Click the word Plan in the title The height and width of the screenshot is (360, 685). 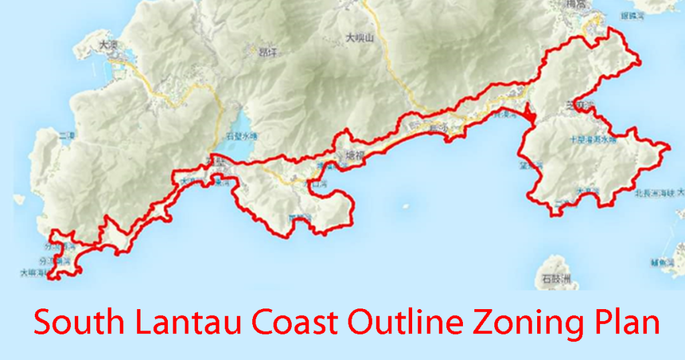(x=623, y=322)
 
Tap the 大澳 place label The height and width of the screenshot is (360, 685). (x=108, y=46)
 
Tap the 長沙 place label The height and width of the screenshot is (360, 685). (x=438, y=126)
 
